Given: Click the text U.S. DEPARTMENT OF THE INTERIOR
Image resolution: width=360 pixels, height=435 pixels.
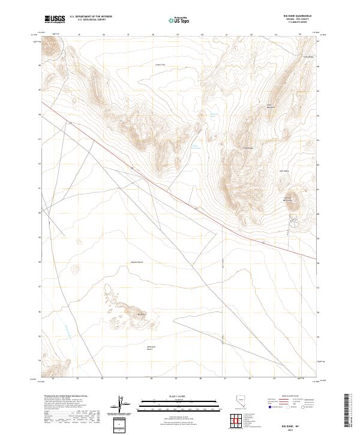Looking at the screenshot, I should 91,17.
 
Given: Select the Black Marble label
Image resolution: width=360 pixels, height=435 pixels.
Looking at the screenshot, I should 270,106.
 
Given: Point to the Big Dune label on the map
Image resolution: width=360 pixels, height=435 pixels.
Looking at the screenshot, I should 142,314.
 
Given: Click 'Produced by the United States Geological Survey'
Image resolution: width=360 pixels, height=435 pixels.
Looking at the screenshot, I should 64,397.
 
